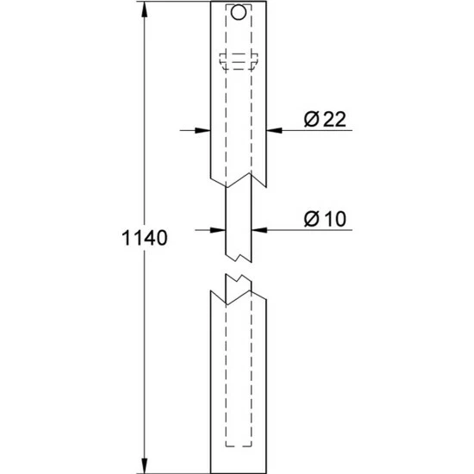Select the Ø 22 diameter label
324,120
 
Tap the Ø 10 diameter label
324,219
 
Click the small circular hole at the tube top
239,15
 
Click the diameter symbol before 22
310,120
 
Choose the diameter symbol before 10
310,219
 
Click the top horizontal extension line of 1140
172,3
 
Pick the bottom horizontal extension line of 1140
172,471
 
